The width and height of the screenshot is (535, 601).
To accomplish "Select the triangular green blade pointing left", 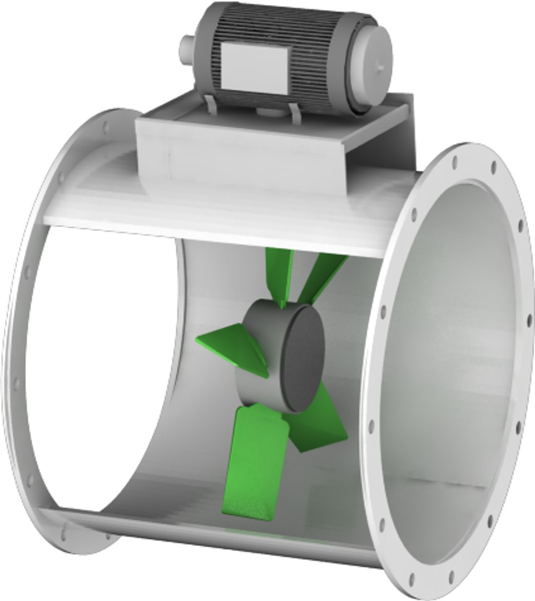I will click(x=234, y=348).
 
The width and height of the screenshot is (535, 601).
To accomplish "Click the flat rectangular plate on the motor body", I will click(x=254, y=67).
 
